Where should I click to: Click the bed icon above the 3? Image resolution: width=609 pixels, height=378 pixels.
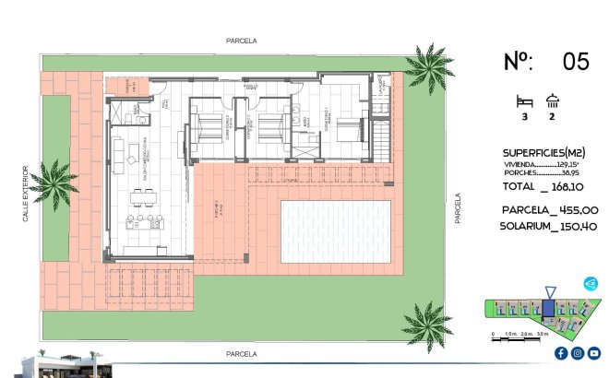524,101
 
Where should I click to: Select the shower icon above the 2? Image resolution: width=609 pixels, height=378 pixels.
554,101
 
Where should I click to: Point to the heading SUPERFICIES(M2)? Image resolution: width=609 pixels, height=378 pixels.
544,152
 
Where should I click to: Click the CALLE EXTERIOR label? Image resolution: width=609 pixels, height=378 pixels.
26,193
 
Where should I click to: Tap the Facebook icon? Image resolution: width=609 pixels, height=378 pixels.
561,353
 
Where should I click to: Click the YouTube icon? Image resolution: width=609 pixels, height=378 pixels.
593,353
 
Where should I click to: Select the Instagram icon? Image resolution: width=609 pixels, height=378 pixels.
577,353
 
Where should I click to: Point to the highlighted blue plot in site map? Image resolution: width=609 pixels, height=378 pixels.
548,309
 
